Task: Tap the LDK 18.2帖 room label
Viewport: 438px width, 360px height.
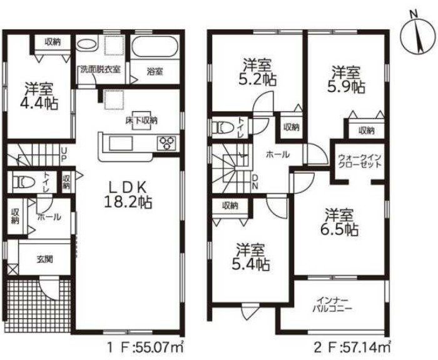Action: pos(128,195)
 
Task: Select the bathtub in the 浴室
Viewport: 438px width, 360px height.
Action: pos(155,46)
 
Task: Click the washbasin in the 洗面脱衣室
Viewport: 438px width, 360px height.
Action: pos(86,44)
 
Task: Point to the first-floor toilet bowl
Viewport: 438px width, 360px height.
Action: pos(24,182)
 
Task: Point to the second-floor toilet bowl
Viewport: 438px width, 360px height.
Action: pos(223,128)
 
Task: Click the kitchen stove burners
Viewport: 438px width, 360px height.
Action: pos(167,143)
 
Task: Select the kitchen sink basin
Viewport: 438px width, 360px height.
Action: pos(121,143)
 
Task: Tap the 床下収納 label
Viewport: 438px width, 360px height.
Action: pos(141,121)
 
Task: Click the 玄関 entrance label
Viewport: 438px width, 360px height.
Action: pos(44,259)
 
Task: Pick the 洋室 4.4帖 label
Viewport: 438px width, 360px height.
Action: pos(39,96)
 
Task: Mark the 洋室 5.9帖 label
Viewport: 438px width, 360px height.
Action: pos(346,80)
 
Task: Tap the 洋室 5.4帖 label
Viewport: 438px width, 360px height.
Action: pos(250,257)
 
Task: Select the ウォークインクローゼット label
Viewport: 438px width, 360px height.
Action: pos(360,161)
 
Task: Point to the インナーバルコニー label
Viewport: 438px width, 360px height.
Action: pos(332,304)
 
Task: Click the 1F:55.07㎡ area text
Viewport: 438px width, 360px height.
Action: pos(146,348)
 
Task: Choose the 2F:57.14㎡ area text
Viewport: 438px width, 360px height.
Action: pos(352,348)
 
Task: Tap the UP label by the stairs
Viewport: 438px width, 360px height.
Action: pos(64,155)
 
